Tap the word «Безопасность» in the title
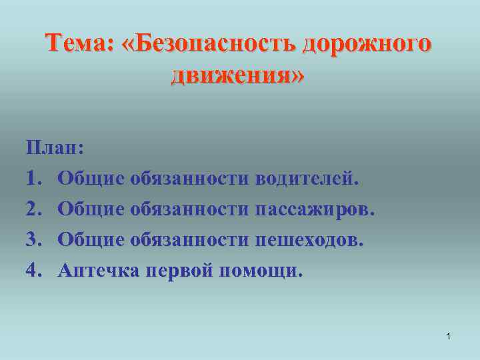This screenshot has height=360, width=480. (207, 45)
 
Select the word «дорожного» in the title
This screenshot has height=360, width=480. (366, 45)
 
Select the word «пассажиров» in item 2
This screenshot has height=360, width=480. (315, 209)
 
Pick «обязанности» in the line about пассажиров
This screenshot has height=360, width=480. (189, 209)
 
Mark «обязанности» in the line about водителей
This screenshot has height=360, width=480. (189, 178)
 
